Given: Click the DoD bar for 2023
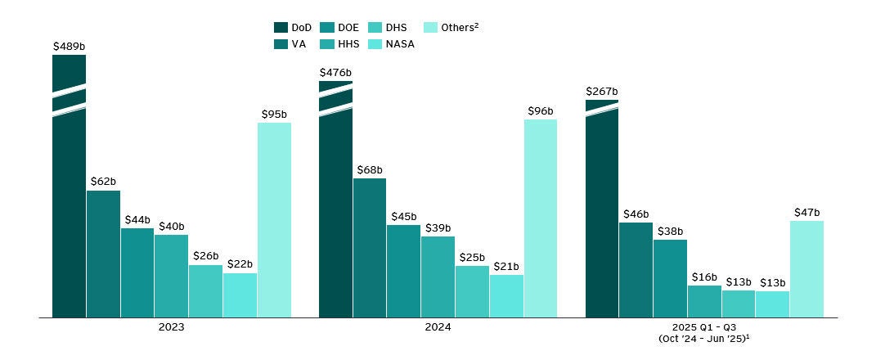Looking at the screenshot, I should pyautogui.click(x=69, y=213).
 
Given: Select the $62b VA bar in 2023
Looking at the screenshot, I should pyautogui.click(x=103, y=254).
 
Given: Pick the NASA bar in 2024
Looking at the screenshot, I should pyautogui.click(x=506, y=295).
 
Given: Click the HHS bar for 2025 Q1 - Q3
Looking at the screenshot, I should pyautogui.click(x=704, y=300).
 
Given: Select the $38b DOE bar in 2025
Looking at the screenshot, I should pyautogui.click(x=670, y=277).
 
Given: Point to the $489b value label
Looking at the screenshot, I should pyautogui.click(x=69, y=47).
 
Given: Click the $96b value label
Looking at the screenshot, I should pyautogui.click(x=540, y=111).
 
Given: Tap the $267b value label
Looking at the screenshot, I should pyautogui.click(x=602, y=92).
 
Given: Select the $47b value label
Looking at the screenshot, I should pyautogui.click(x=806, y=213).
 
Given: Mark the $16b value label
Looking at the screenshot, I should pyautogui.click(x=704, y=277).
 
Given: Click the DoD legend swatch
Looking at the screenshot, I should pyautogui.click(x=281, y=28).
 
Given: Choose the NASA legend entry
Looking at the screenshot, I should pyautogui.click(x=393, y=44).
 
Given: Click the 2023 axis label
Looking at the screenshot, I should pyautogui.click(x=171, y=327).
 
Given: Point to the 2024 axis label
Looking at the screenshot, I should pyautogui.click(x=438, y=327).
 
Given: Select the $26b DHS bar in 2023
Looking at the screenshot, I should pyautogui.click(x=205, y=290).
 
